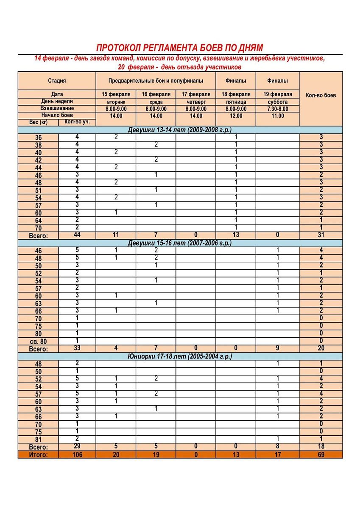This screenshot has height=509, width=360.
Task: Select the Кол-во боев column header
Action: [321, 95]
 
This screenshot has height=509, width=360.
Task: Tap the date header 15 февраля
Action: [116, 94]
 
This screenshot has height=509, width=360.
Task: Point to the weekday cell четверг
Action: [195, 102]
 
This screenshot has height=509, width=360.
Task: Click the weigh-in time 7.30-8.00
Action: [277, 109]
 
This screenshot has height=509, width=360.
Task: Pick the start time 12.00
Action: [236, 116]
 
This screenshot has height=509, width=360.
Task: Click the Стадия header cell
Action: [56, 81]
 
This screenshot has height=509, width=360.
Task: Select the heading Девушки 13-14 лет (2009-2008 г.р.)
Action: [180, 130]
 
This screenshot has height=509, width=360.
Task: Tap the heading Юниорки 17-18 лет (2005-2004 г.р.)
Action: [180, 356]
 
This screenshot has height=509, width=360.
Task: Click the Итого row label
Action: [38, 455]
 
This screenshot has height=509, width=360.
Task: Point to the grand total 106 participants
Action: [77, 455]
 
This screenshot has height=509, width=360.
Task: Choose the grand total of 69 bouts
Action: [321, 455]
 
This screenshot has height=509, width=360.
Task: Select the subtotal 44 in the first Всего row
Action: [77, 235]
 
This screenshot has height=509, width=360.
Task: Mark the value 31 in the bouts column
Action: [321, 235]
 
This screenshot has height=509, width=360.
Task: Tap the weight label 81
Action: [38, 439]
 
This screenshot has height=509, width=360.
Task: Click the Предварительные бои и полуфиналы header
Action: [156, 81]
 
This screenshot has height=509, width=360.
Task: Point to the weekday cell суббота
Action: [277, 102]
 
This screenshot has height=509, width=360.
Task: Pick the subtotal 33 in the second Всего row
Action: [77, 349]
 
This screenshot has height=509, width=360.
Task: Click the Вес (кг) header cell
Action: [38, 122]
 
